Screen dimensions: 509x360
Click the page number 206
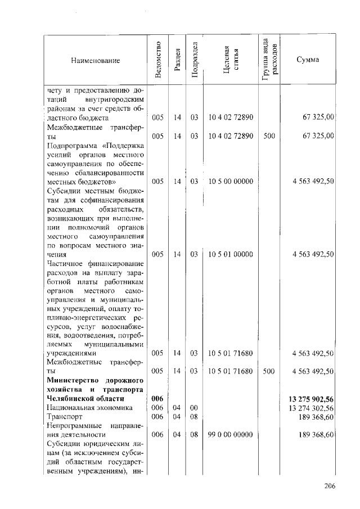coord(329,487)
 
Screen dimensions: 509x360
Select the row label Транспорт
coord(66,417)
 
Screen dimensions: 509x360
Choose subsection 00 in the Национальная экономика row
coord(194,408)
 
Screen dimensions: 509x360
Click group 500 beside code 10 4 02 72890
coord(269,136)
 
